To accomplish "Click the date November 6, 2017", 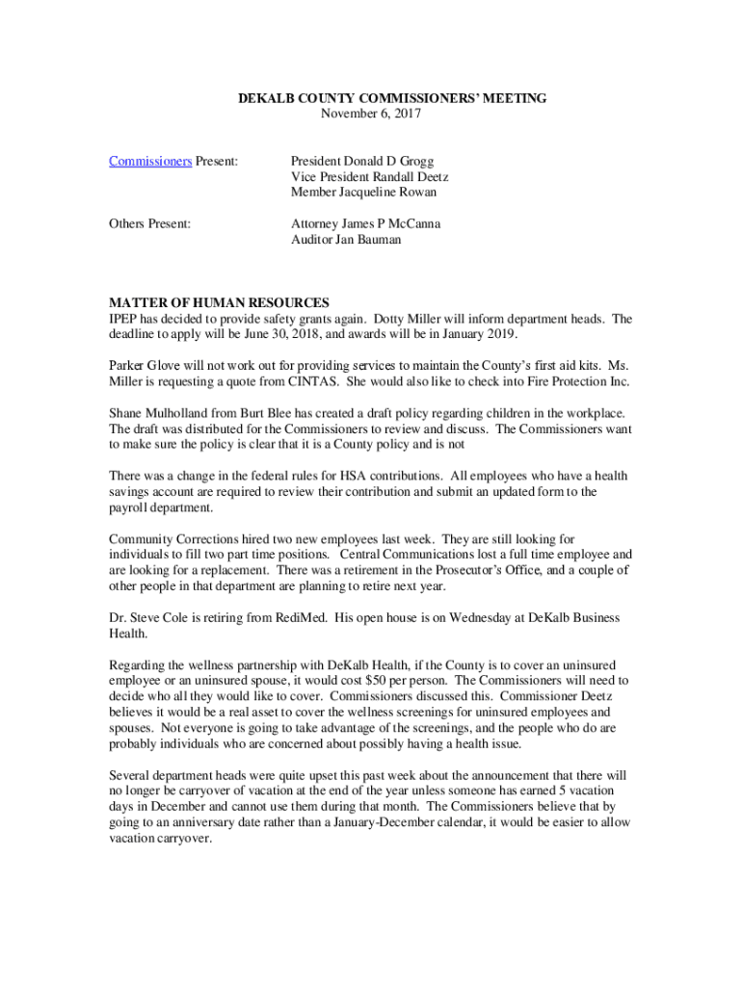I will (371, 114).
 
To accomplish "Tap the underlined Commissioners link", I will (150, 161).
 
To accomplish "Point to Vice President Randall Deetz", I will (370, 176).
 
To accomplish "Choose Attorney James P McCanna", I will (365, 223).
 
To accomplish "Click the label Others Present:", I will (149, 223).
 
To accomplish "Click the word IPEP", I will (124, 319).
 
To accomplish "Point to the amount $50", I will (379, 681).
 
